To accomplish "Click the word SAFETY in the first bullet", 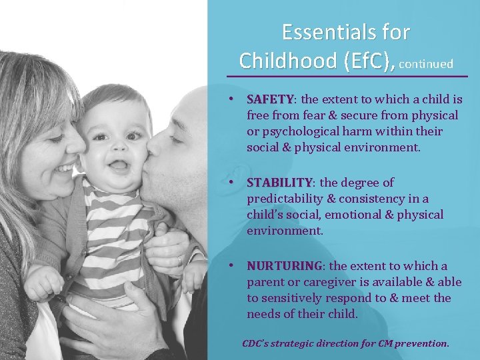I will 271,100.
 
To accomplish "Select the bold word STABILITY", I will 279,183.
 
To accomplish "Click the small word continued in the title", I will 427,64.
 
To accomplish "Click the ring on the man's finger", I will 179,260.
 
